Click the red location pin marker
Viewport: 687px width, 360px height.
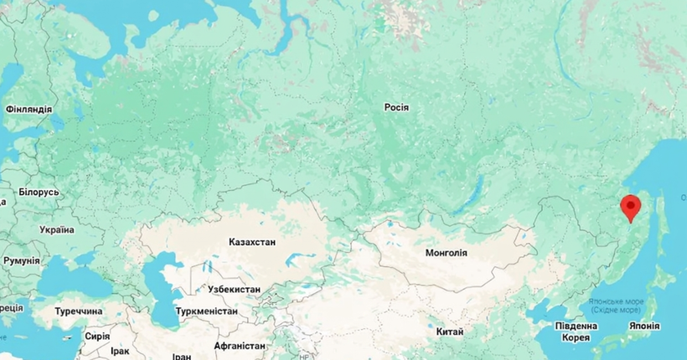[x=631, y=206]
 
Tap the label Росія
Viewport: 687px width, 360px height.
[x=396, y=108]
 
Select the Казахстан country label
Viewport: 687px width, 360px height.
[x=251, y=242]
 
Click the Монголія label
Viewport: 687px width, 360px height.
[x=447, y=253]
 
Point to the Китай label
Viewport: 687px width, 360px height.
[x=450, y=332]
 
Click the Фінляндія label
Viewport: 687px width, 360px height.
[x=28, y=110]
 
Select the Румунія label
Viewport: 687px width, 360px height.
[x=21, y=261]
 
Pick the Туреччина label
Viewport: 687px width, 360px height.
[x=79, y=311]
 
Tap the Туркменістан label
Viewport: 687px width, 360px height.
[x=207, y=311]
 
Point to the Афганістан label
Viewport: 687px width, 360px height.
[x=240, y=346]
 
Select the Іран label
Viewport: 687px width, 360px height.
[x=182, y=356]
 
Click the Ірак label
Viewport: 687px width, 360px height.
[x=119, y=352]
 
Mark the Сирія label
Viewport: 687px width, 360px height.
[x=97, y=336]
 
